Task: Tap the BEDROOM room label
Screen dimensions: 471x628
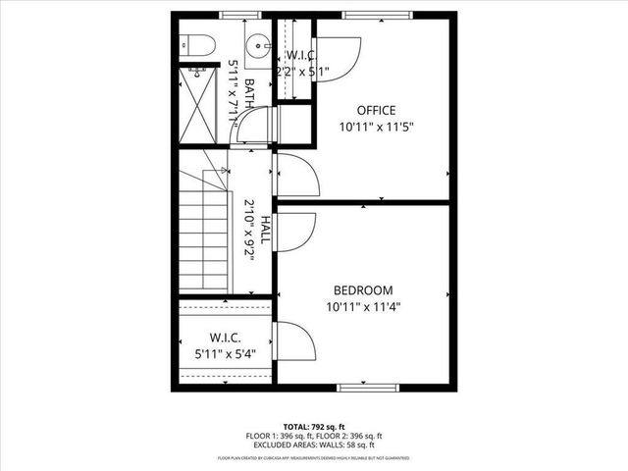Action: coord(363,290)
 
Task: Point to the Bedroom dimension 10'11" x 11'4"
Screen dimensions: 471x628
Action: coord(363,306)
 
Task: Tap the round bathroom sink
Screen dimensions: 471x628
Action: coord(257,44)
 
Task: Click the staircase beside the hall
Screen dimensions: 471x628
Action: coord(202,235)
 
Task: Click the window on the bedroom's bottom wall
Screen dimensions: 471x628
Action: coord(368,388)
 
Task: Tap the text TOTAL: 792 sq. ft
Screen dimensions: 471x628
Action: coord(314,425)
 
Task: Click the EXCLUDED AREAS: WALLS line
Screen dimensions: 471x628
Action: coord(314,445)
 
